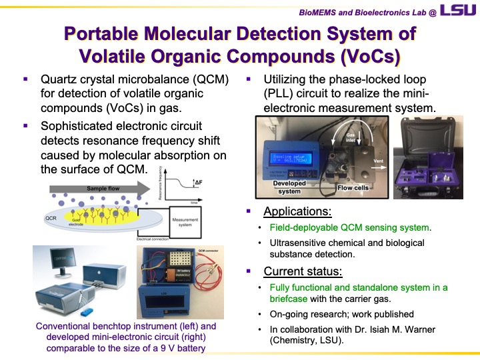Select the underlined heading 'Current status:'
[303, 271]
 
